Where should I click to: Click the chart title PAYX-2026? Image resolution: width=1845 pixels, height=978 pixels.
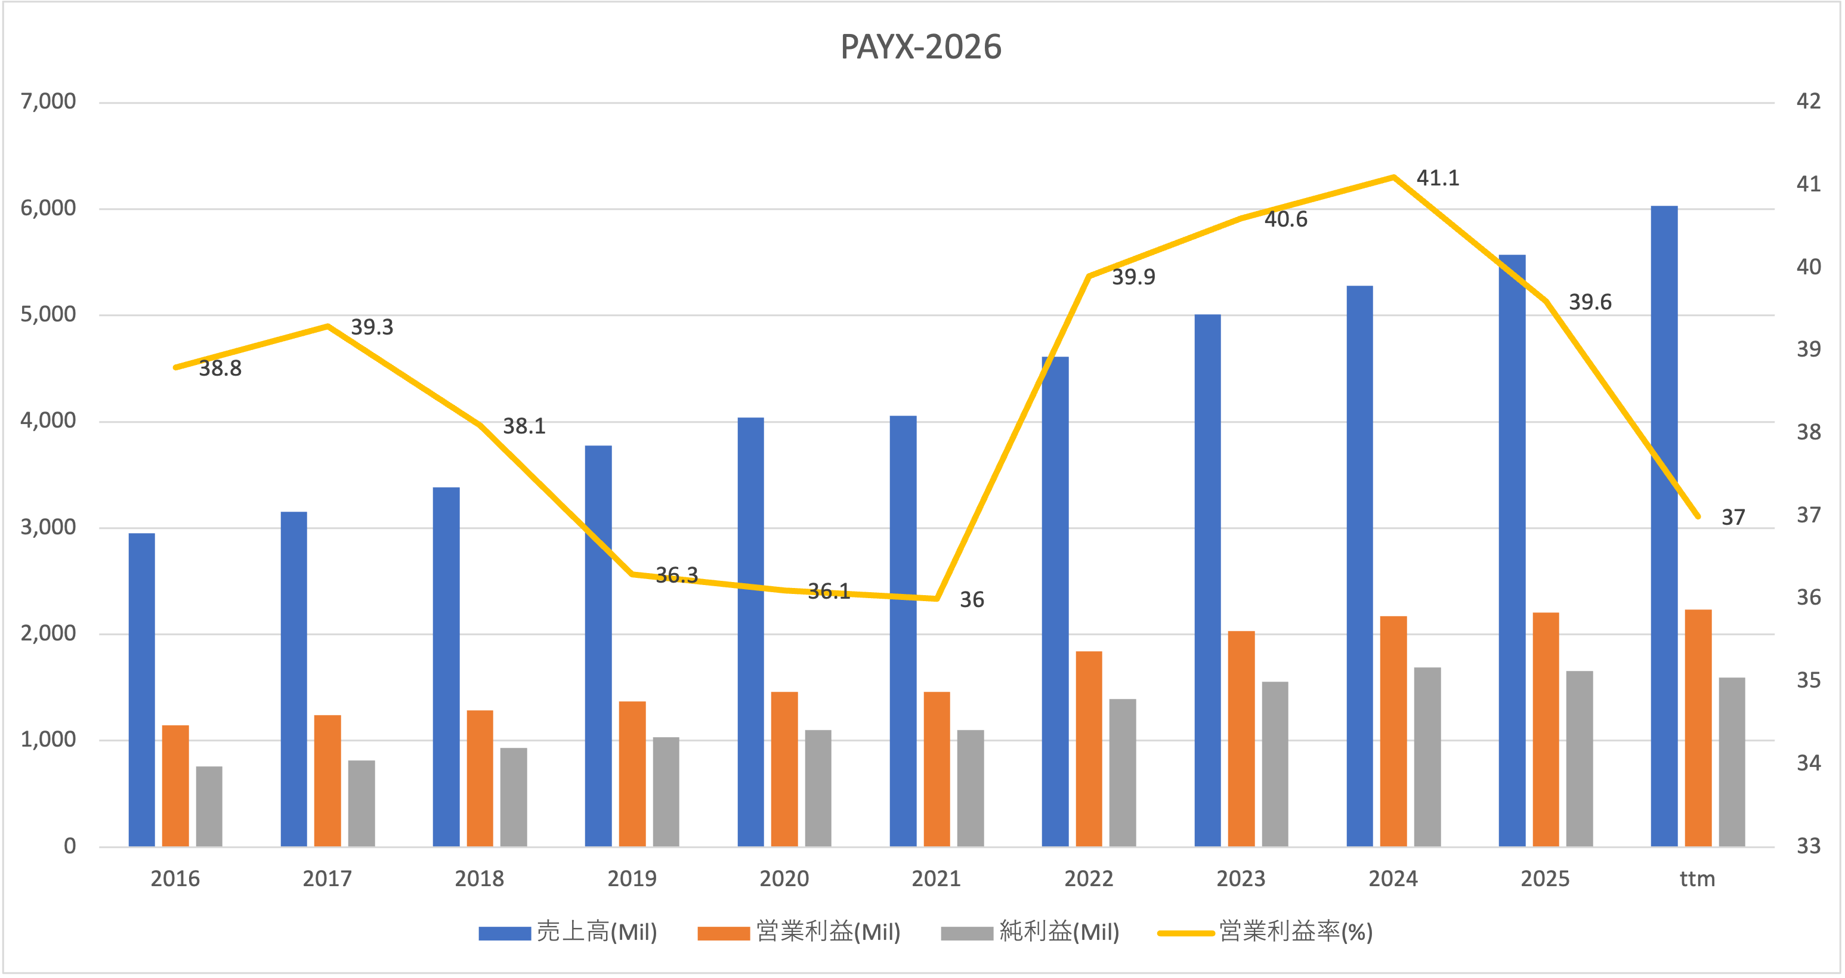(x=920, y=47)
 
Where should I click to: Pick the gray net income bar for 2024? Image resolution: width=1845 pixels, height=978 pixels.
(x=1427, y=757)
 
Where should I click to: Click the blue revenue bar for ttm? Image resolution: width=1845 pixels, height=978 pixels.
(x=1664, y=526)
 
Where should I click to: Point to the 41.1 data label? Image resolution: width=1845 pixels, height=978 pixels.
(x=1438, y=178)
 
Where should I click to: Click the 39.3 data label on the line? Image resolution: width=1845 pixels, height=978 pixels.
(x=372, y=327)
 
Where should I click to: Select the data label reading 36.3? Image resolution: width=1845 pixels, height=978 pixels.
(x=676, y=575)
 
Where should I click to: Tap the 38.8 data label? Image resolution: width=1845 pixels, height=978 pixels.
(x=220, y=369)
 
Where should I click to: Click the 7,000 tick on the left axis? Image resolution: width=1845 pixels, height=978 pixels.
(x=48, y=101)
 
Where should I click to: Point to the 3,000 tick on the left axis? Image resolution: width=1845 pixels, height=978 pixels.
(x=48, y=528)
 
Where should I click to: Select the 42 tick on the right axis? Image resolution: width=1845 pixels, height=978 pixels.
(x=1809, y=101)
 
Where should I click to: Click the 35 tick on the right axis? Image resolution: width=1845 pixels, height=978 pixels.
(x=1809, y=680)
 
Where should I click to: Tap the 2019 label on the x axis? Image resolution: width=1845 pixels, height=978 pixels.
(x=632, y=878)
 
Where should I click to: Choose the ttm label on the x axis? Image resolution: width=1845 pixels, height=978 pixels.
(x=1698, y=878)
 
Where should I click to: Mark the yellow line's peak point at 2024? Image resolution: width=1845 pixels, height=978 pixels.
(x=1393, y=177)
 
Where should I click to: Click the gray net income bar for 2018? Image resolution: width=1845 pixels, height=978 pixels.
(x=514, y=797)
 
